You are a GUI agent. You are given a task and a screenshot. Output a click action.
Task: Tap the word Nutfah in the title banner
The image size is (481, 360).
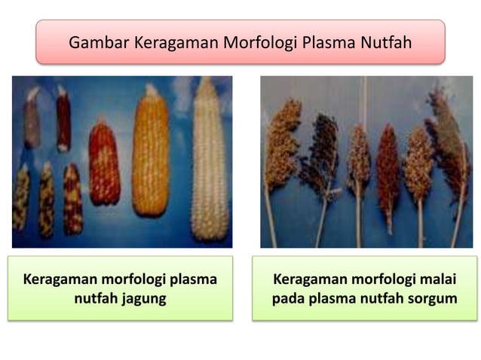coord(385,41)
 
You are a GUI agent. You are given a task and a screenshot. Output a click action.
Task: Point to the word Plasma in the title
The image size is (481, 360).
coord(328,41)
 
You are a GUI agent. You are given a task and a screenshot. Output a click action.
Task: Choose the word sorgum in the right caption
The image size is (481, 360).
coord(431,299)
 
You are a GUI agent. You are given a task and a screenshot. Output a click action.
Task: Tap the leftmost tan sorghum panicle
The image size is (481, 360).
coord(283,143)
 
